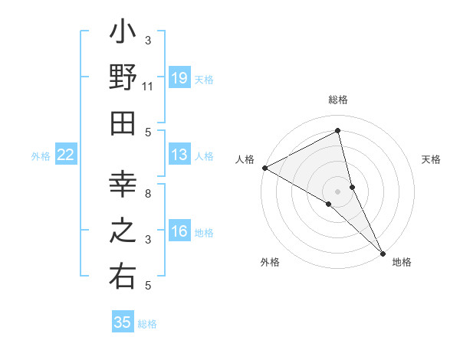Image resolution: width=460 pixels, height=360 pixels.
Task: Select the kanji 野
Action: click(x=123, y=78)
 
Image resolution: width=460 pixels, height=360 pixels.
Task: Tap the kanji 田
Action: click(x=123, y=124)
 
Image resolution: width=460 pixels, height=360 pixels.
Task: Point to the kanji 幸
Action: click(x=123, y=185)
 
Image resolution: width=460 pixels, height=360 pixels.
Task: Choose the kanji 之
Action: click(x=123, y=231)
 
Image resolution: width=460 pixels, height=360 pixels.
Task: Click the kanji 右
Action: click(x=123, y=277)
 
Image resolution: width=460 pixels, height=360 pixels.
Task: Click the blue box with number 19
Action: click(x=179, y=78)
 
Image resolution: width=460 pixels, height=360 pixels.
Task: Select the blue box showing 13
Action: click(x=179, y=155)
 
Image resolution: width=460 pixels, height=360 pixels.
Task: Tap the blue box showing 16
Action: click(x=179, y=231)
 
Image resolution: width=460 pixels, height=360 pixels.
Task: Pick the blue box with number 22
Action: click(x=66, y=155)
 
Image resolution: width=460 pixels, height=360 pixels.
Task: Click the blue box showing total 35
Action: click(x=123, y=322)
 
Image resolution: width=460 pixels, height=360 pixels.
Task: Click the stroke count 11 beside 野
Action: click(x=148, y=87)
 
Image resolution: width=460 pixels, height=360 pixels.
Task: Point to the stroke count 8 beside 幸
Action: click(x=148, y=194)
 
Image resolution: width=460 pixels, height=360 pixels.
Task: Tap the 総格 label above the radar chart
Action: click(x=338, y=100)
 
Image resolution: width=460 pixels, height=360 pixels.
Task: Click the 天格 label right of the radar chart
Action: click(x=432, y=159)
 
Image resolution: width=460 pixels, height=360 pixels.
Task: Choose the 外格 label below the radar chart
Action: click(x=270, y=262)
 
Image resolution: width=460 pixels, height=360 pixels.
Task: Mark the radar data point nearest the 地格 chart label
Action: click(x=382, y=251)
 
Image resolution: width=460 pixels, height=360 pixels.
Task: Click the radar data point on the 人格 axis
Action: click(x=264, y=168)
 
